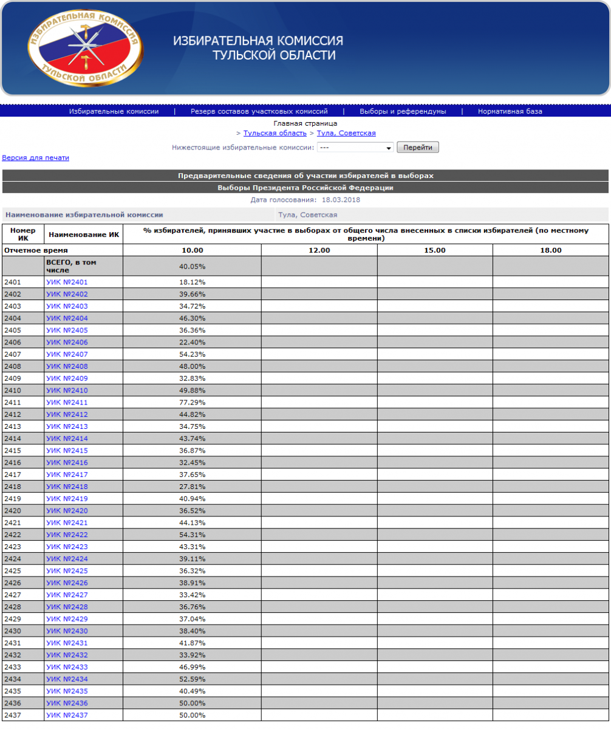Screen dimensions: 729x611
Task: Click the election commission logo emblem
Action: pos(85,48)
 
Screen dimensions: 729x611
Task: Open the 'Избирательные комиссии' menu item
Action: pos(114,112)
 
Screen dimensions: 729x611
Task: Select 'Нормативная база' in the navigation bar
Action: pos(510,112)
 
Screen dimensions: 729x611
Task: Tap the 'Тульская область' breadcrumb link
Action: pos(275,133)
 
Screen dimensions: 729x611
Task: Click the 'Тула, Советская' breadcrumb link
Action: pos(346,133)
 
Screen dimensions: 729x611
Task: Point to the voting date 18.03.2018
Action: pos(341,199)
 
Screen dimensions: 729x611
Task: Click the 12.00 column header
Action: pos(319,250)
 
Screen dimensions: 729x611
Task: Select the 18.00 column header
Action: pos(551,250)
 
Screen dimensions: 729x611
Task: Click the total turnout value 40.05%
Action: pos(193,266)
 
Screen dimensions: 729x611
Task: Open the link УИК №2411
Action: pos(67,403)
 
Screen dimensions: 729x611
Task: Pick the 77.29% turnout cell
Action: pos(193,403)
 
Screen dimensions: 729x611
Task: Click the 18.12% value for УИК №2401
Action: pos(193,282)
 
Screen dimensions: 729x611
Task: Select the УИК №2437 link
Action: pos(67,715)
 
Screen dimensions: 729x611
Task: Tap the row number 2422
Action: pos(12,535)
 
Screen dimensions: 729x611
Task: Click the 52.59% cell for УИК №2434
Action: pos(193,679)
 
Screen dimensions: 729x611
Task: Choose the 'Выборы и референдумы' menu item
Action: pos(403,112)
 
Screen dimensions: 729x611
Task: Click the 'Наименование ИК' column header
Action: pos(84,234)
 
